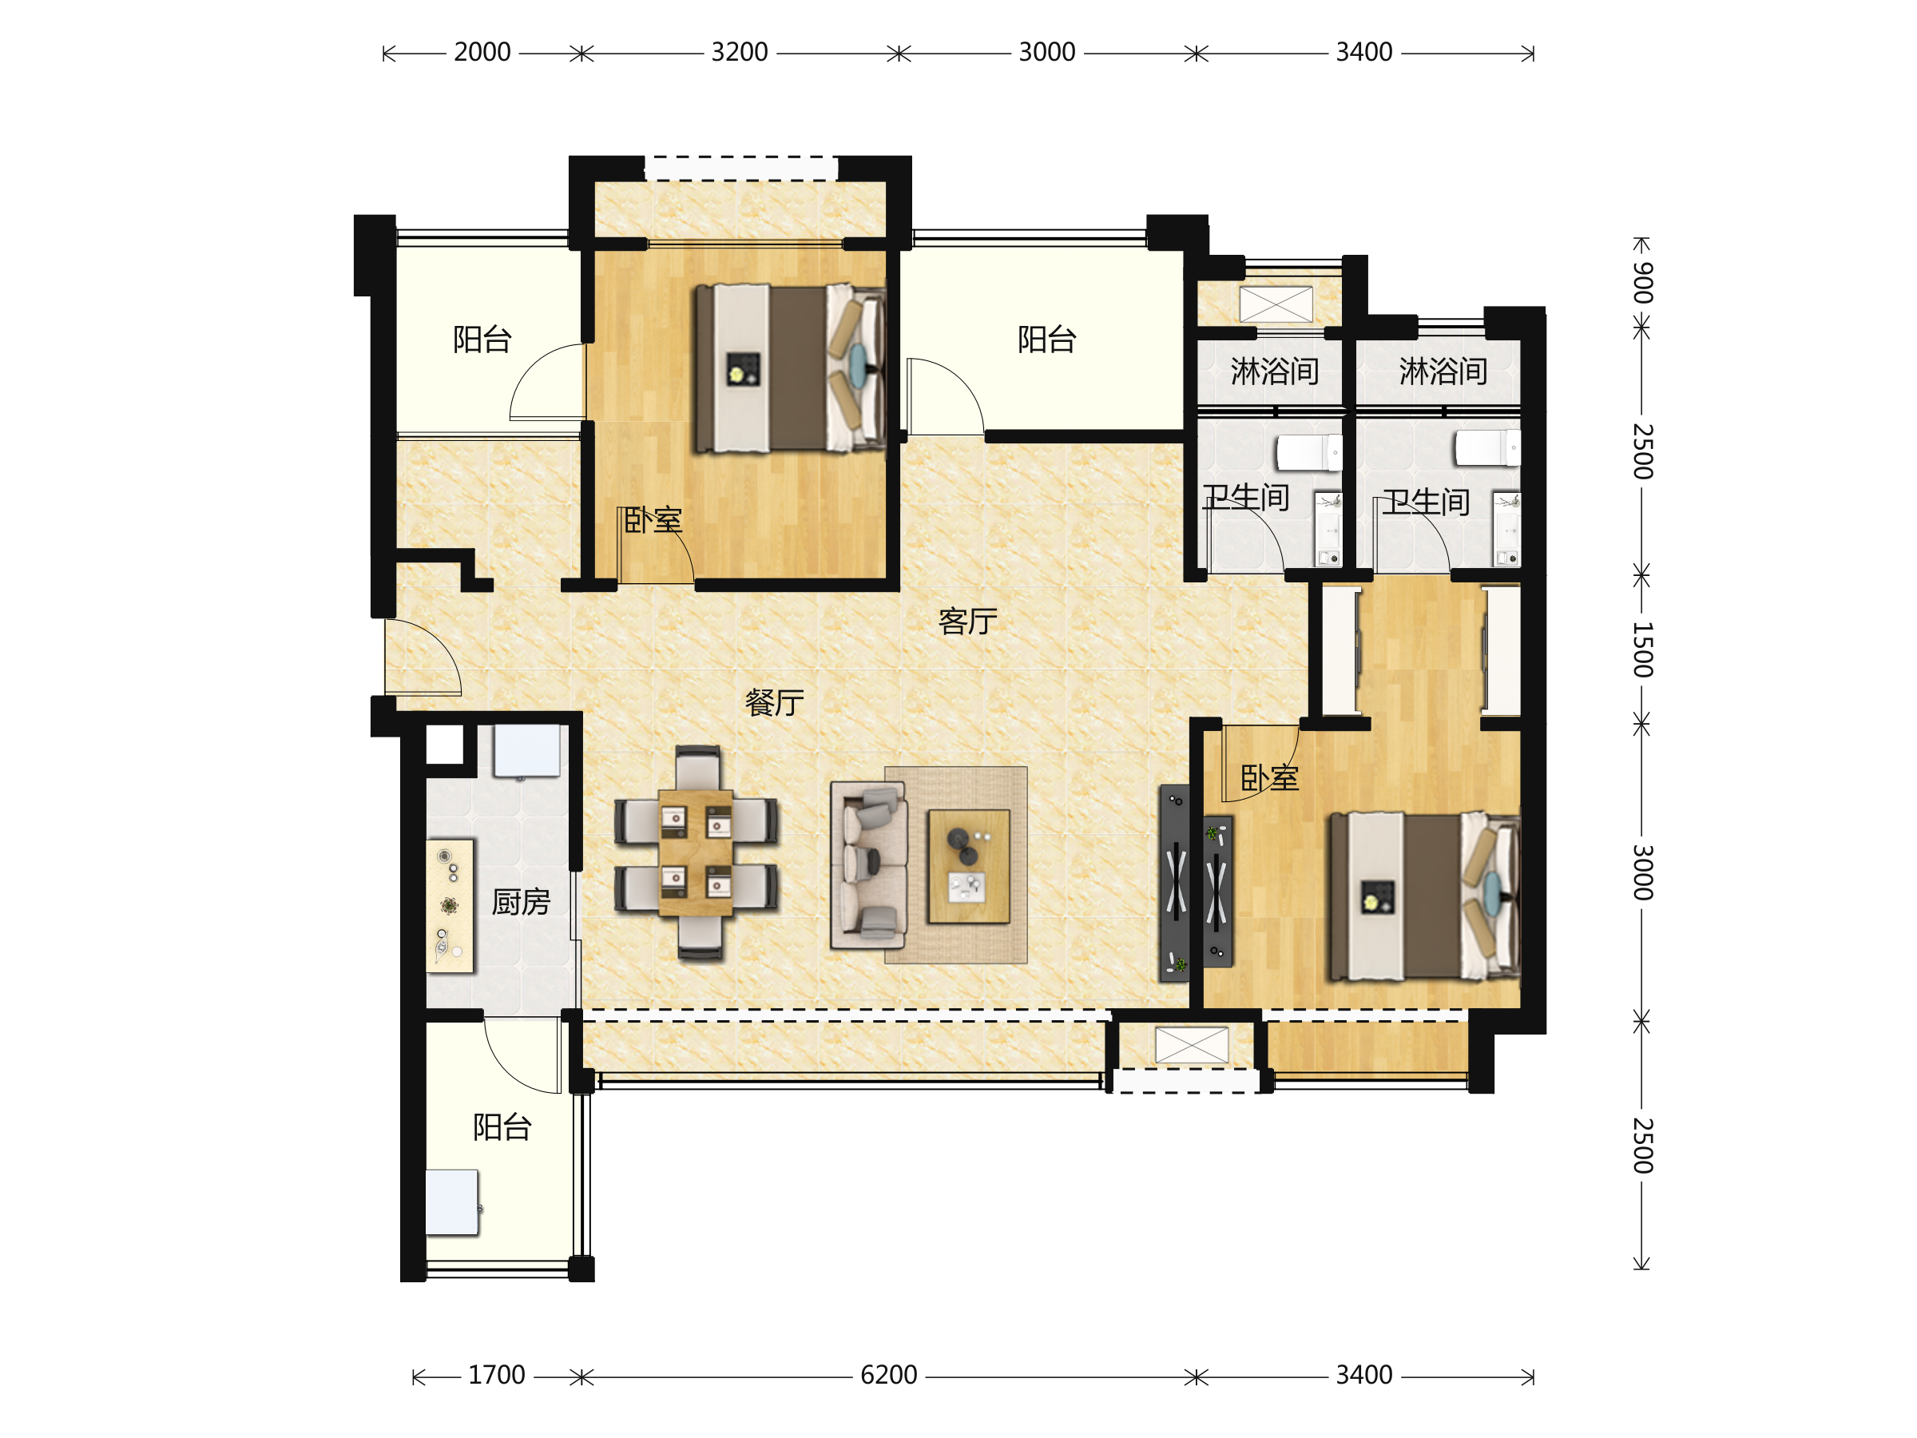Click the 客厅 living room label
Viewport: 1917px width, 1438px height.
[967, 622]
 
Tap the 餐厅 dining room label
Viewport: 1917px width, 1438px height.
[774, 702]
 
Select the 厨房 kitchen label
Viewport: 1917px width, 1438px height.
[521, 902]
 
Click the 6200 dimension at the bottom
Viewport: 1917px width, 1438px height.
[888, 1375]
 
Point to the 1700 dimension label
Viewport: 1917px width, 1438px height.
[497, 1375]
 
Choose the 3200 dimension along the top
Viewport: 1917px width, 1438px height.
[739, 52]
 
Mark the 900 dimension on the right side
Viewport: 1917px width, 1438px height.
[1642, 283]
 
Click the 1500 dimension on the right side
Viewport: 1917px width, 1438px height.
[1642, 649]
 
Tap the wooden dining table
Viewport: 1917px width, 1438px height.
[695, 852]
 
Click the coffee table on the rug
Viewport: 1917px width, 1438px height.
[968, 866]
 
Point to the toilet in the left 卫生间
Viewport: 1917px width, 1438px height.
[1308, 452]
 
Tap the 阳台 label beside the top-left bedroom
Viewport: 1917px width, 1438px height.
[482, 339]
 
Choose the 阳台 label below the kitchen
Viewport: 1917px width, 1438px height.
[502, 1126]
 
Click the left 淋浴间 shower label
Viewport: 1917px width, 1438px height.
[1275, 371]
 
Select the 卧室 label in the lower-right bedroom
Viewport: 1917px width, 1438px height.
[1270, 778]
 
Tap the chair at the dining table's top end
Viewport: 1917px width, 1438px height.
[697, 766]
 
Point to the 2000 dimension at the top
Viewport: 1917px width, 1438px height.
[482, 52]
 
